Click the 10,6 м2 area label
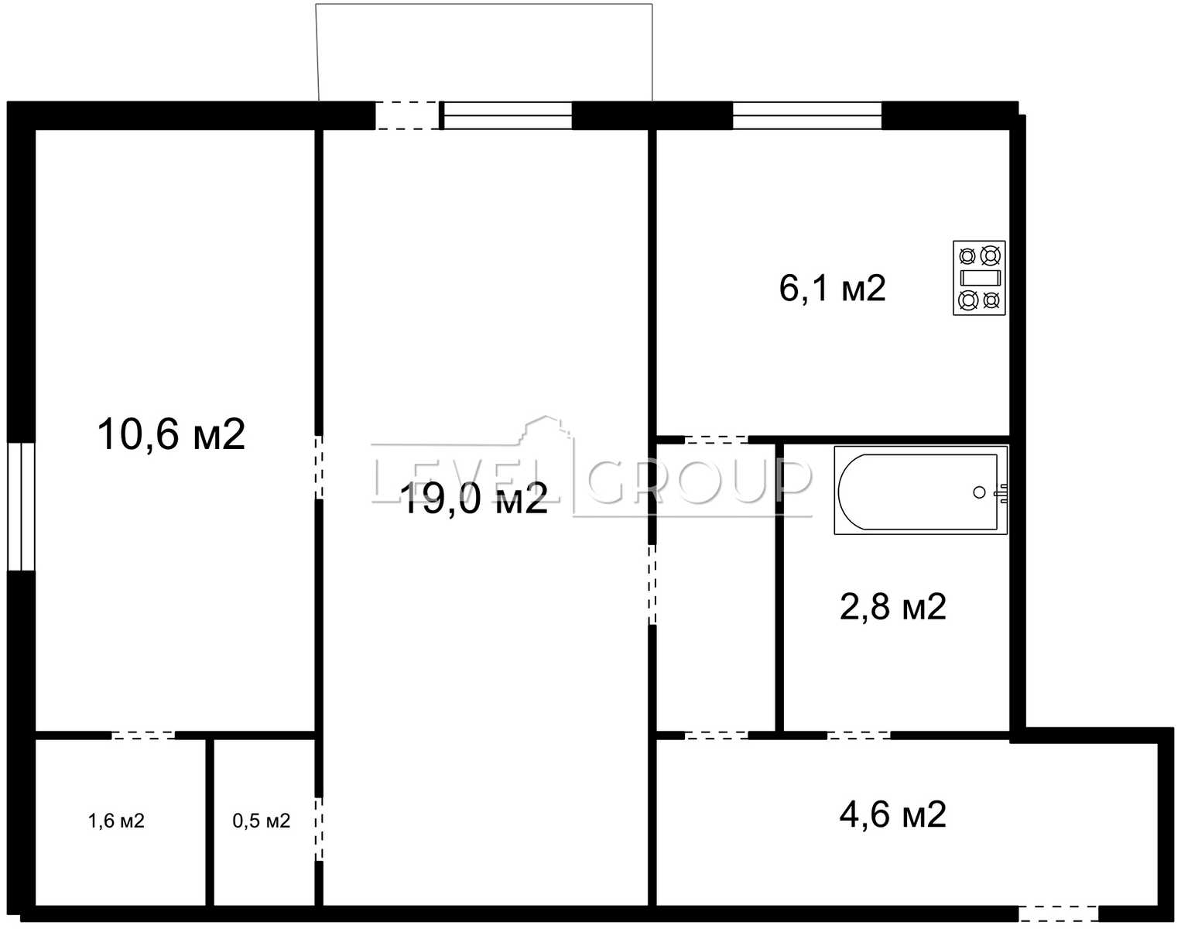(171, 434)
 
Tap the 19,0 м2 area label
(475, 498)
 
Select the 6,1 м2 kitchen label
(833, 288)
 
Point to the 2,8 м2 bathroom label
(893, 607)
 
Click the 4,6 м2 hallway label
(893, 814)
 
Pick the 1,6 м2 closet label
(116, 821)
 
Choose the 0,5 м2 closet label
(262, 821)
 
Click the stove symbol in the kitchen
(979, 278)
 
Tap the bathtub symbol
(920, 490)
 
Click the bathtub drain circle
(979, 492)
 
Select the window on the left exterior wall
(22, 507)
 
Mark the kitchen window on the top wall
(807, 115)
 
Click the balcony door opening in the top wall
(407, 115)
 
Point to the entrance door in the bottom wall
(1059, 914)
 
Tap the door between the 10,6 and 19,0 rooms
(319, 467)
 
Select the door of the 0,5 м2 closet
(319, 829)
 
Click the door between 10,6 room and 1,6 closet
(143, 735)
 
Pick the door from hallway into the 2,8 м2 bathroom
(859, 735)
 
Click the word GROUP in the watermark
(700, 482)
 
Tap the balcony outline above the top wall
(485, 5)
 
